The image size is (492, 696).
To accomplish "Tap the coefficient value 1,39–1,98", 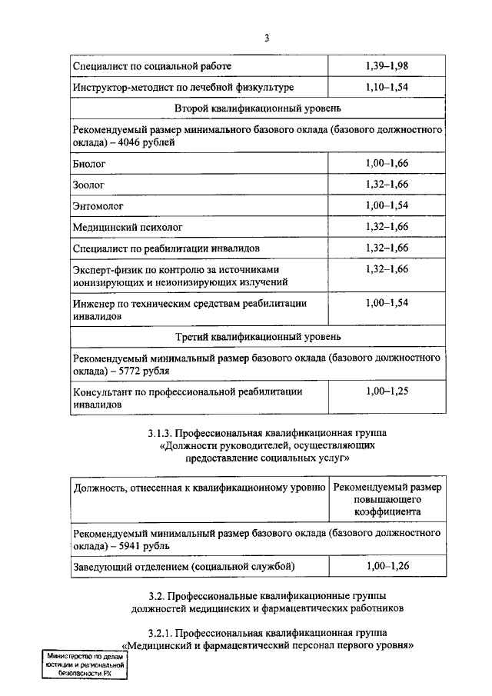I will coord(387,66).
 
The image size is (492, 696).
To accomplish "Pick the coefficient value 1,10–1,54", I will coord(387,87).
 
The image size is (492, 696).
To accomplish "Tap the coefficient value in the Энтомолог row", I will coord(387,206).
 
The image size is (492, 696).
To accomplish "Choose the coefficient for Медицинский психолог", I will coord(387,227).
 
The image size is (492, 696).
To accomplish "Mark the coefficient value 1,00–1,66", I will coord(387,164).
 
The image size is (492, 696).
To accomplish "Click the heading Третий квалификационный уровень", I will coord(258,336).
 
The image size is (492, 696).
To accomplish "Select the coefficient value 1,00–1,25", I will coord(387,391).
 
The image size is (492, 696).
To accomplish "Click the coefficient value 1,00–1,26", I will coord(387,567).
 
